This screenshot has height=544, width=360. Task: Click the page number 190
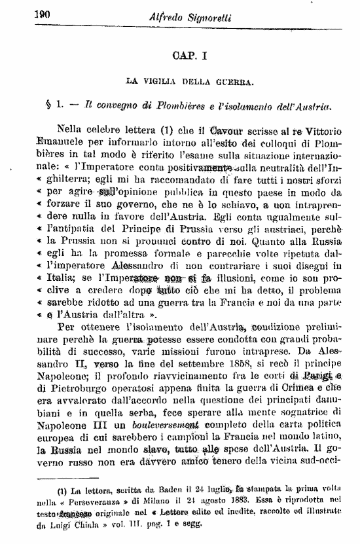point(24,16)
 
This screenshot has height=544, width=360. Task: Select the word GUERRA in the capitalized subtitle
point(232,82)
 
